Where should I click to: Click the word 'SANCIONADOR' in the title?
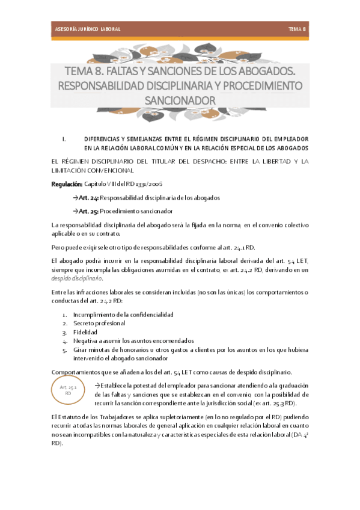(180, 99)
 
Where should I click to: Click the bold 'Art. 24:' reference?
(88, 197)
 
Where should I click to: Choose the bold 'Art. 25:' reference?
(88, 211)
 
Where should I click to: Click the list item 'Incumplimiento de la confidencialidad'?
(123, 315)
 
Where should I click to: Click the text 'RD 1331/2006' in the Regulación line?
(145, 183)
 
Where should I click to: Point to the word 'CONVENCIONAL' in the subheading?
(108, 170)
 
